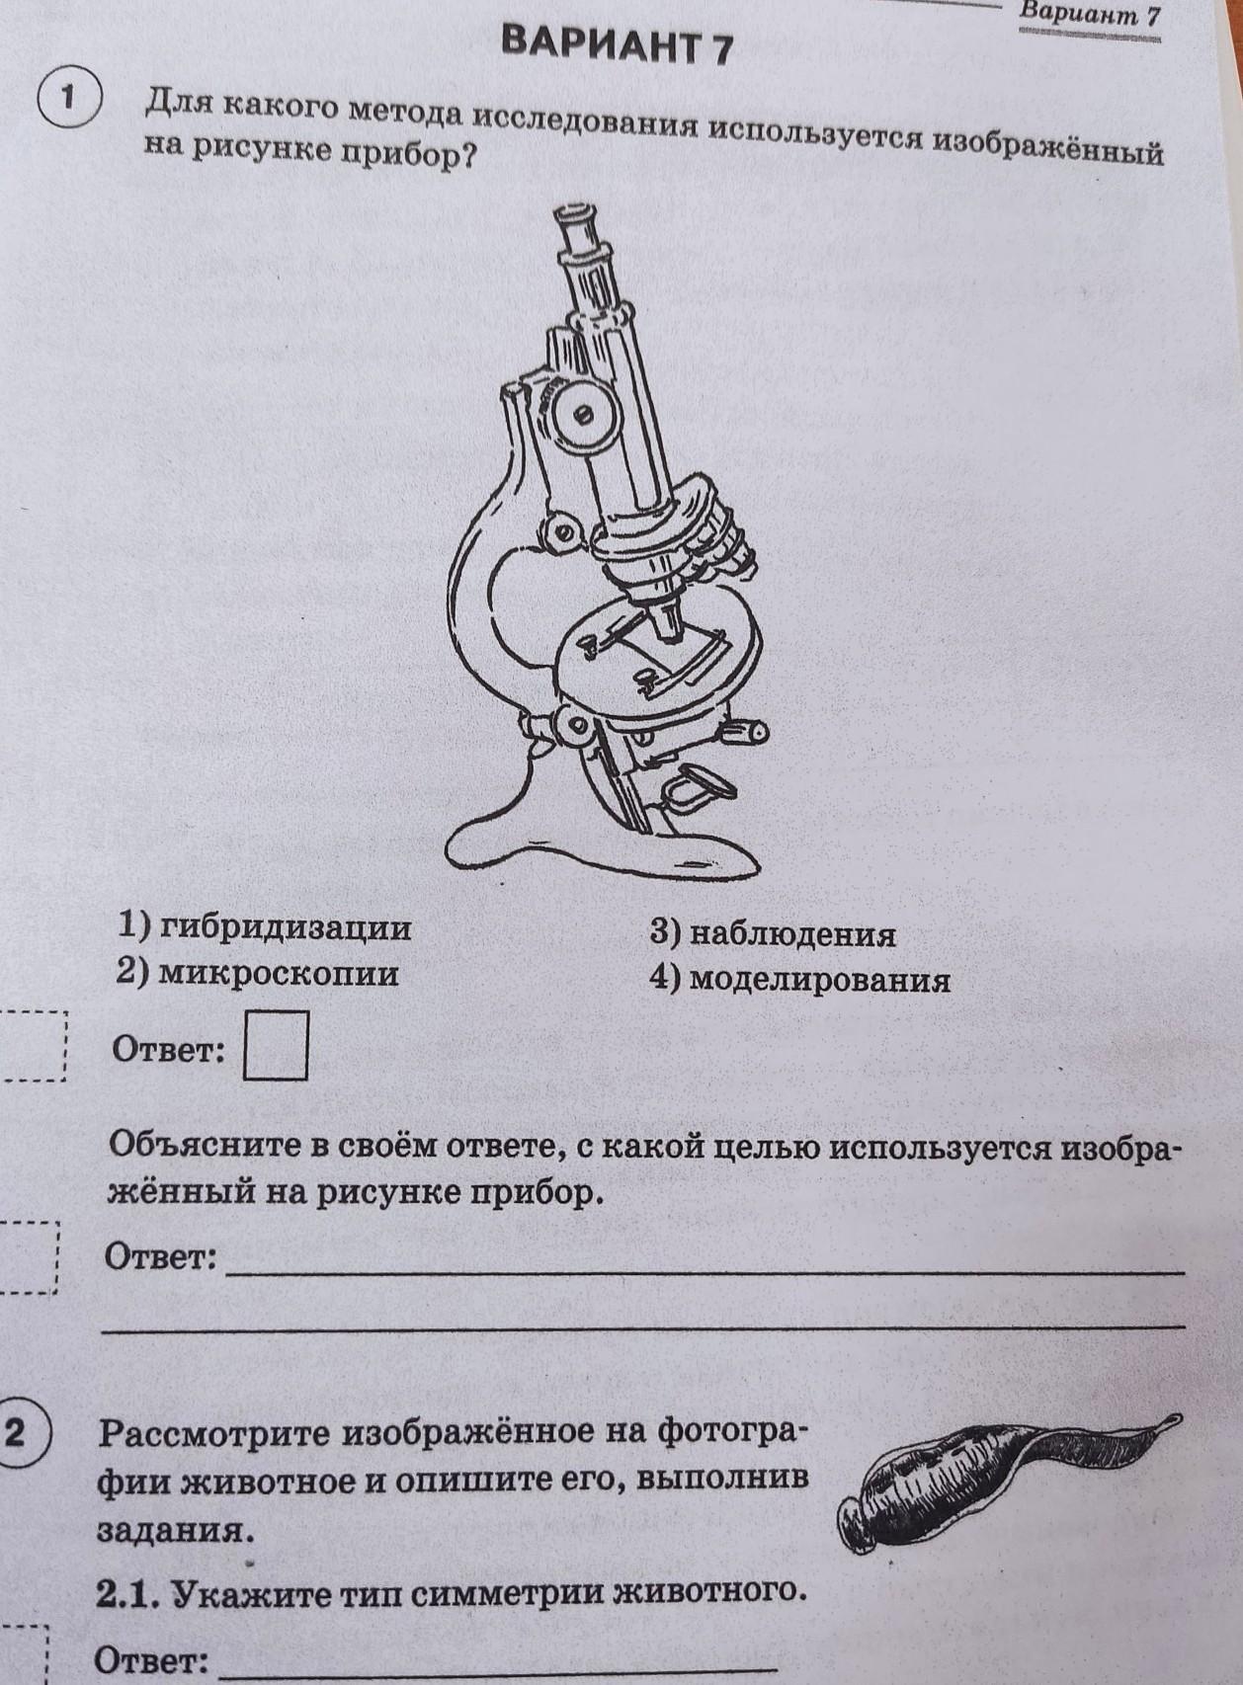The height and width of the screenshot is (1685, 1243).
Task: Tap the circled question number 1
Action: click(68, 100)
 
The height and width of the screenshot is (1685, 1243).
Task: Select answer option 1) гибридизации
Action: click(265, 929)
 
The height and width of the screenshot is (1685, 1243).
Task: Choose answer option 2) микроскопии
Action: click(257, 974)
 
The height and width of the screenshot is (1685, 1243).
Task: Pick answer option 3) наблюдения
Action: click(773, 935)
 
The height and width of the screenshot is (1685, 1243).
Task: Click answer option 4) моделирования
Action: click(799, 980)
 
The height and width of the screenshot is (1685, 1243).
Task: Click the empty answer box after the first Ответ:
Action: click(276, 1046)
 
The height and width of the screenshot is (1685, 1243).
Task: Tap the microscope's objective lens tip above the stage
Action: click(668, 622)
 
